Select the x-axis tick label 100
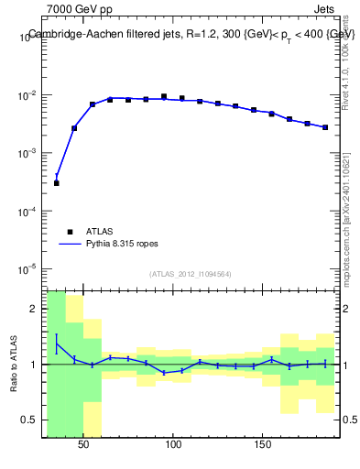173,444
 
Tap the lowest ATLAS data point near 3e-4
56,183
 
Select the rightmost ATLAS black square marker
325,127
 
